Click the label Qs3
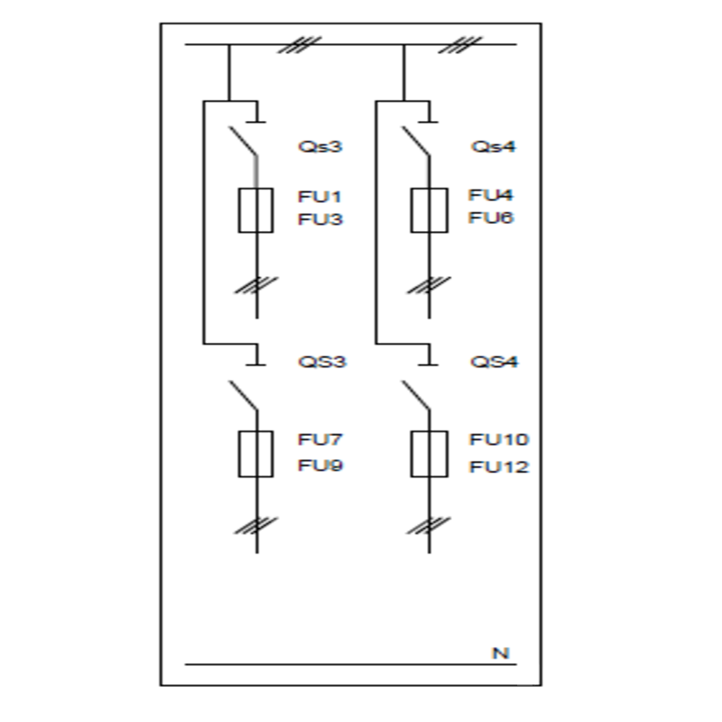[320, 146]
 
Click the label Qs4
[493, 146]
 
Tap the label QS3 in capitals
[322, 362]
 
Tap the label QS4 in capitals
[494, 362]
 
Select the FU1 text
[320, 196]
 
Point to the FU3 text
[320, 219]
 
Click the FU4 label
[491, 195]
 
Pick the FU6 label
[491, 218]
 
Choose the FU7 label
[320, 440]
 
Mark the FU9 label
[320, 466]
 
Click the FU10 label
[499, 440]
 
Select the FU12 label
[499, 467]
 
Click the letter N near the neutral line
[500, 653]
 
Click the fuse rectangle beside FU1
[255, 210]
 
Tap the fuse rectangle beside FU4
[429, 210]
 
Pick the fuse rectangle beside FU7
[255, 453]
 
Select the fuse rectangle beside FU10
[429, 453]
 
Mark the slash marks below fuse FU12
[429, 523]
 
